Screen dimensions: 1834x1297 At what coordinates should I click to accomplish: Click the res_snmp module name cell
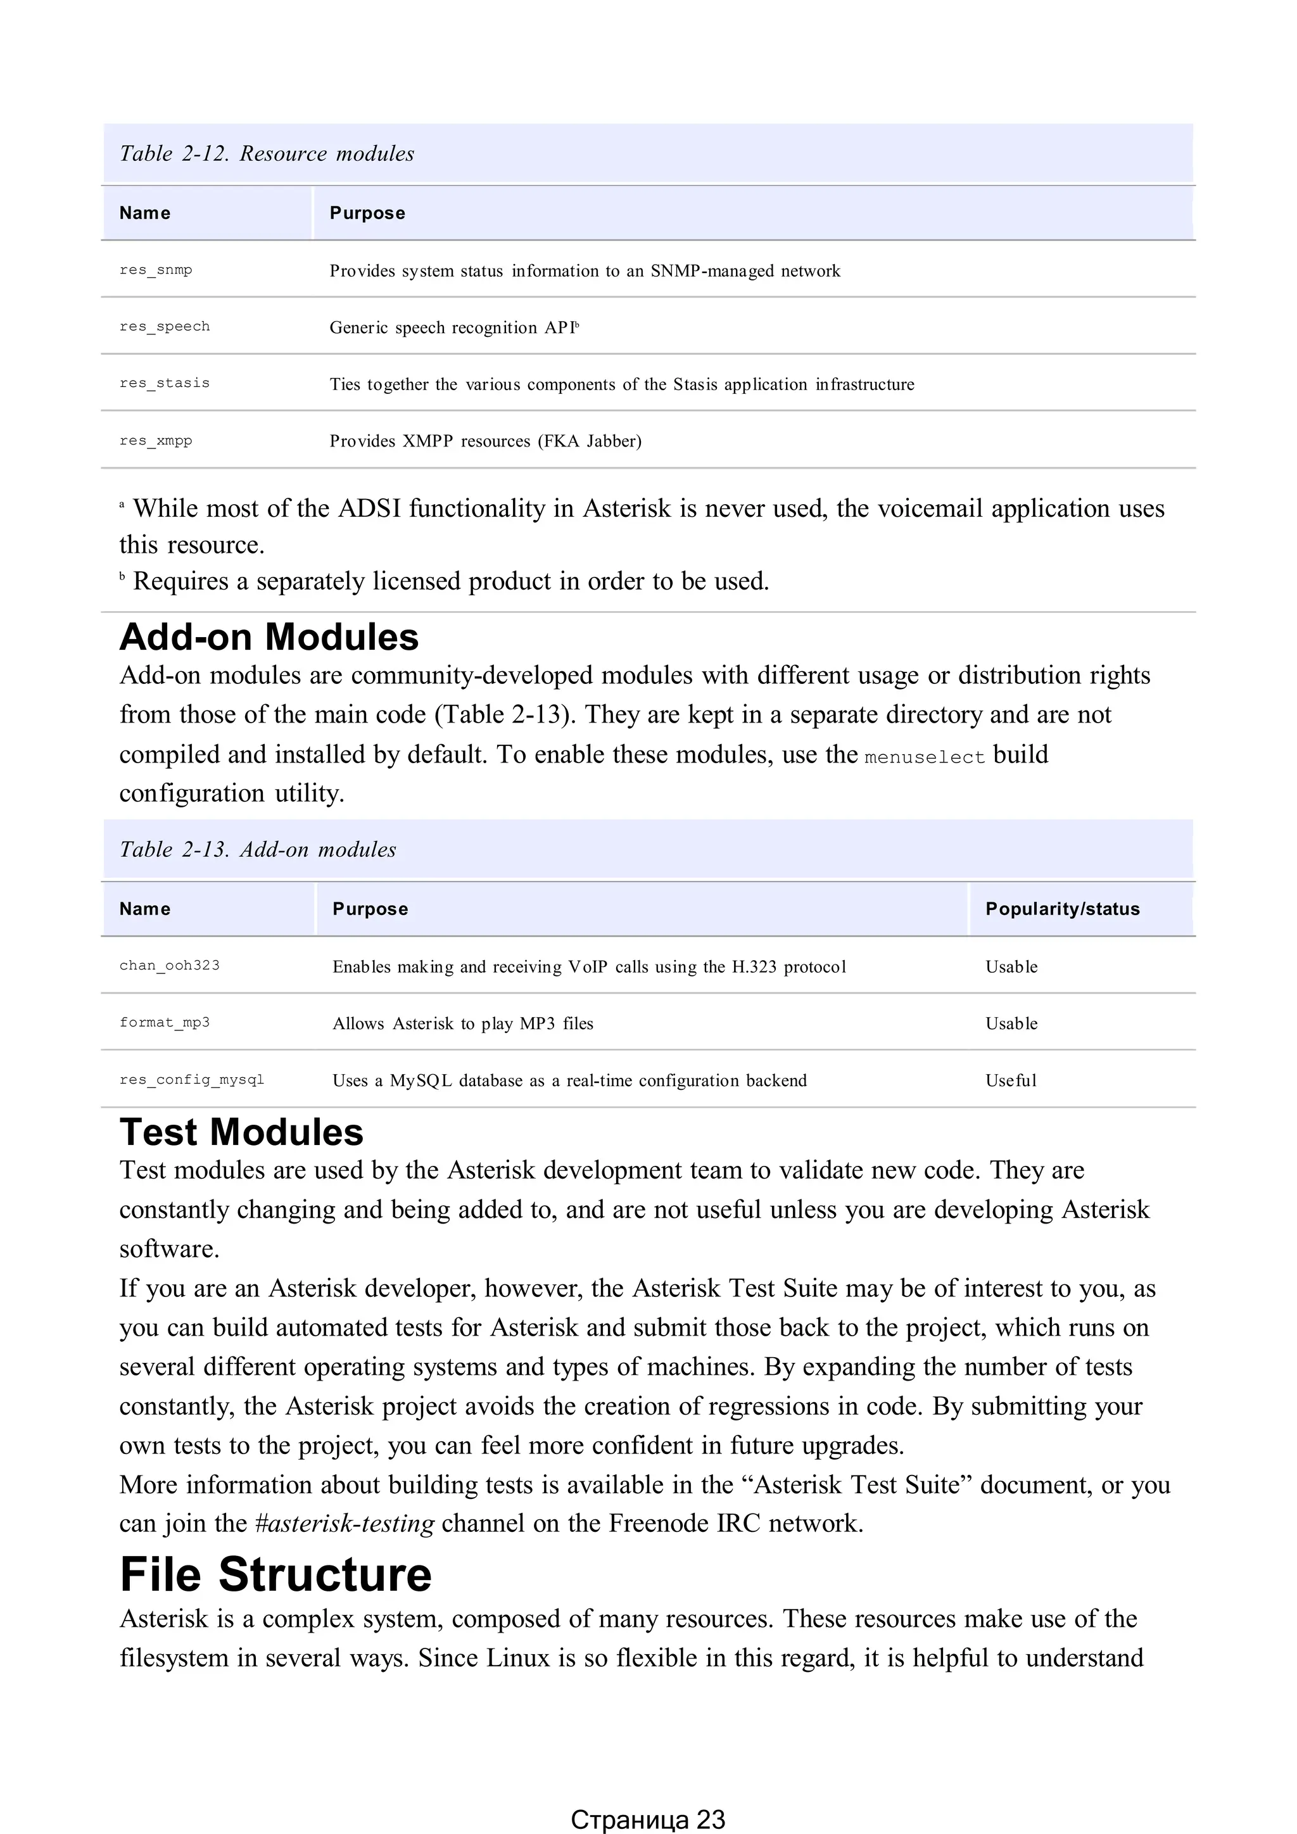tap(156, 270)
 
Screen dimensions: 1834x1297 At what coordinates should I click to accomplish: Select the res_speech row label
tap(165, 327)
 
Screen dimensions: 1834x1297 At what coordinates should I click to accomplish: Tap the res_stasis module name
tap(165, 383)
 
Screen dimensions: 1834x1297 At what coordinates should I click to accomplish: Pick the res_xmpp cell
tap(156, 441)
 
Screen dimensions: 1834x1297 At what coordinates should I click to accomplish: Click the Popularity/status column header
tap(1062, 909)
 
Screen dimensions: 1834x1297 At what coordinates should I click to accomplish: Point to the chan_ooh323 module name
tap(169, 966)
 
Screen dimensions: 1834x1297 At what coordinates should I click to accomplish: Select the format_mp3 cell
tap(165, 1022)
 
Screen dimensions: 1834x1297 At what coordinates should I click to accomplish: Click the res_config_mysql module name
tap(192, 1080)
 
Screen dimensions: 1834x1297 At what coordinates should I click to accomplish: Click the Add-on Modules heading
tap(269, 638)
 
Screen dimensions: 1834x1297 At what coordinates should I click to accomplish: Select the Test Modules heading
tap(241, 1133)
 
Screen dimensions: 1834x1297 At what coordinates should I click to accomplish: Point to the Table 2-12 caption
tap(267, 153)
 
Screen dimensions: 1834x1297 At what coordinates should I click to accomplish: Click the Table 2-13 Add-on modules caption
tap(257, 849)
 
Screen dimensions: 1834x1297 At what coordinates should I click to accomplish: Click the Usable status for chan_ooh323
tap(1011, 966)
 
